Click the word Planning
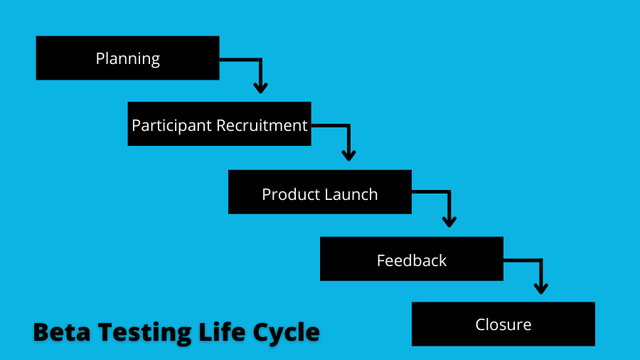pyautogui.click(x=128, y=59)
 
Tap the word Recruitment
pyautogui.click(x=262, y=125)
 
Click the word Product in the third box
pyautogui.click(x=289, y=194)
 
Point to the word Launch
pyautogui.click(x=349, y=194)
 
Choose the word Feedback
pyautogui.click(x=412, y=260)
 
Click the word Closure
pyautogui.click(x=503, y=325)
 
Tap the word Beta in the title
pyautogui.click(x=62, y=332)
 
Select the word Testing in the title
pyautogui.click(x=144, y=333)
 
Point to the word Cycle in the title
pyautogui.click(x=286, y=333)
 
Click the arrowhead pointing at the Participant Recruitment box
pyautogui.click(x=260, y=88)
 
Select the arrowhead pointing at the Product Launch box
pyautogui.click(x=348, y=156)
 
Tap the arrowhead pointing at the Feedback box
pyautogui.click(x=449, y=222)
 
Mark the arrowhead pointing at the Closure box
pyautogui.click(x=541, y=289)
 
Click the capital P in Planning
pyautogui.click(x=100, y=58)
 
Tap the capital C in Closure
pyautogui.click(x=481, y=325)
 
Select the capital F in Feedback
pyautogui.click(x=381, y=261)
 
